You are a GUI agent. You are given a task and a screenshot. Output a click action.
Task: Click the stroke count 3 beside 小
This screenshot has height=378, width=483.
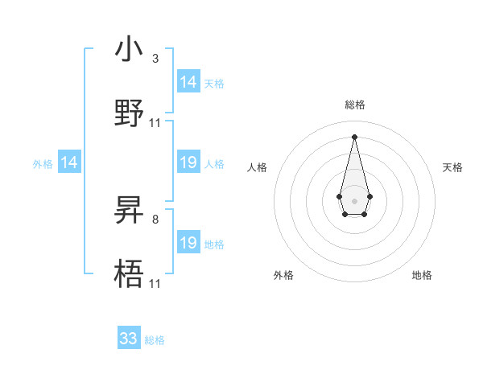tap(155, 59)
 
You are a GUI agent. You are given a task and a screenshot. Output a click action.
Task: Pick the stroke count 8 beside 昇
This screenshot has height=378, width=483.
tap(155, 219)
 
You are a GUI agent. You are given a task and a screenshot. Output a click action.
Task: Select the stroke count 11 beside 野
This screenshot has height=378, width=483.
tap(155, 123)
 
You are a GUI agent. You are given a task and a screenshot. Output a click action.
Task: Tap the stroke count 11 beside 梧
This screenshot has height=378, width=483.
tap(155, 283)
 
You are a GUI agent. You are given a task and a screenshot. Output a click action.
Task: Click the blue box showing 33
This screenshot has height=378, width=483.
tap(129, 339)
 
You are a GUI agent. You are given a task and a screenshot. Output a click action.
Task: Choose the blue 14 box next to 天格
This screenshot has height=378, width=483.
tap(188, 82)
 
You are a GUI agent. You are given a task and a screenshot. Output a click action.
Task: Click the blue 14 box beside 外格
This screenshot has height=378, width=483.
tap(69, 162)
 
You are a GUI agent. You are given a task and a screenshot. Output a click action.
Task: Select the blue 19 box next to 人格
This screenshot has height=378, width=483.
tap(188, 162)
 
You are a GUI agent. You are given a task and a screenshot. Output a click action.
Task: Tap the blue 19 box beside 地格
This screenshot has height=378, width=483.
tap(188, 243)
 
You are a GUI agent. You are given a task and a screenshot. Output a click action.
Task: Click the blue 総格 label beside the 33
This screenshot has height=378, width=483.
tap(155, 340)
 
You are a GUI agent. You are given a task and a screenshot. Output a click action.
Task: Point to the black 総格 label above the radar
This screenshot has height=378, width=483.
tap(355, 105)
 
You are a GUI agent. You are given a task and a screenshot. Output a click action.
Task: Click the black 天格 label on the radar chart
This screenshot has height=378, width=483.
tap(452, 167)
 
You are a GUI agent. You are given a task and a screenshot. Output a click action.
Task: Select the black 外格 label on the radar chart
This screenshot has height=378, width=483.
tap(283, 275)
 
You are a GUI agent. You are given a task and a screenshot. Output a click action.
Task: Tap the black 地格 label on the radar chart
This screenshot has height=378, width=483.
tap(422, 275)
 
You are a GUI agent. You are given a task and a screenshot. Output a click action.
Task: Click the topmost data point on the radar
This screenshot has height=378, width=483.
tap(354, 136)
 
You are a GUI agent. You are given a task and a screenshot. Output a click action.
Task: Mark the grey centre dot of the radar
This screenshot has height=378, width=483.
tap(354, 199)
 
